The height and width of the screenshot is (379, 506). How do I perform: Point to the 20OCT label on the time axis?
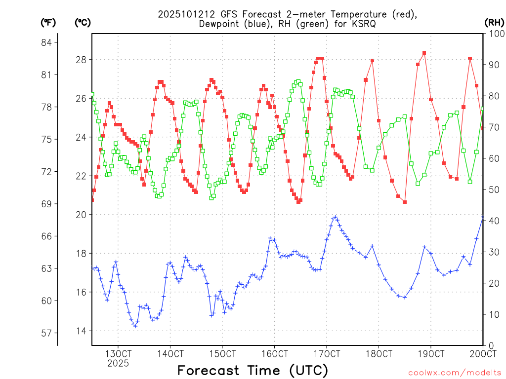[483, 353]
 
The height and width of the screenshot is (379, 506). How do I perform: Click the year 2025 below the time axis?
[118, 363]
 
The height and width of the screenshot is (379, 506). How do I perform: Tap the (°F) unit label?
[48, 22]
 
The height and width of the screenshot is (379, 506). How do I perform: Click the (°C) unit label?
[83, 22]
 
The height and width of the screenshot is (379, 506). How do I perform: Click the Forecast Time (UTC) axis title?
[253, 370]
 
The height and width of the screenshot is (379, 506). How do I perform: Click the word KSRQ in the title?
[363, 24]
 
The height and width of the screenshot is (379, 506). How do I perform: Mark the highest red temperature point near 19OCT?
[424, 53]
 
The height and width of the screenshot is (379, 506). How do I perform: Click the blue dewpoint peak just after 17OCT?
[336, 217]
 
